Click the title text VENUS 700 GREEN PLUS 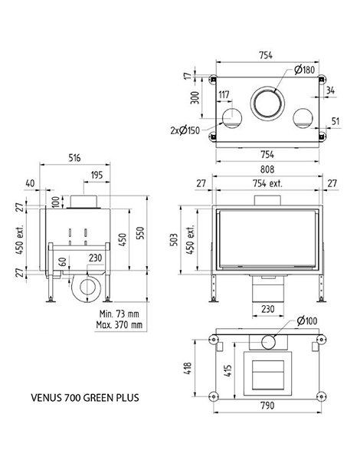tap(85, 398)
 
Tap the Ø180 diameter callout tap(304, 70)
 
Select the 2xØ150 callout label tap(185, 130)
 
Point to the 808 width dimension tap(267, 169)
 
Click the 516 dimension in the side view tap(74, 158)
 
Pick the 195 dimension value tap(97, 175)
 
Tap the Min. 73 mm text tap(119, 314)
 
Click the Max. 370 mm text tap(119, 325)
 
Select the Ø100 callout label tap(307, 321)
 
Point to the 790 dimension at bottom tap(267, 406)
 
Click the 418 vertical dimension tap(188, 368)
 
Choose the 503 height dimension tap(174, 240)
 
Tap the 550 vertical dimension tap(141, 233)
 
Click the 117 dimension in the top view tap(224, 95)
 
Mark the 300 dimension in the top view tap(195, 97)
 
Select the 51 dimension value tap(335, 121)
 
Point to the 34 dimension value tap(330, 90)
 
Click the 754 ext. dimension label tap(267, 184)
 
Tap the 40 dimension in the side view tap(30, 183)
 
